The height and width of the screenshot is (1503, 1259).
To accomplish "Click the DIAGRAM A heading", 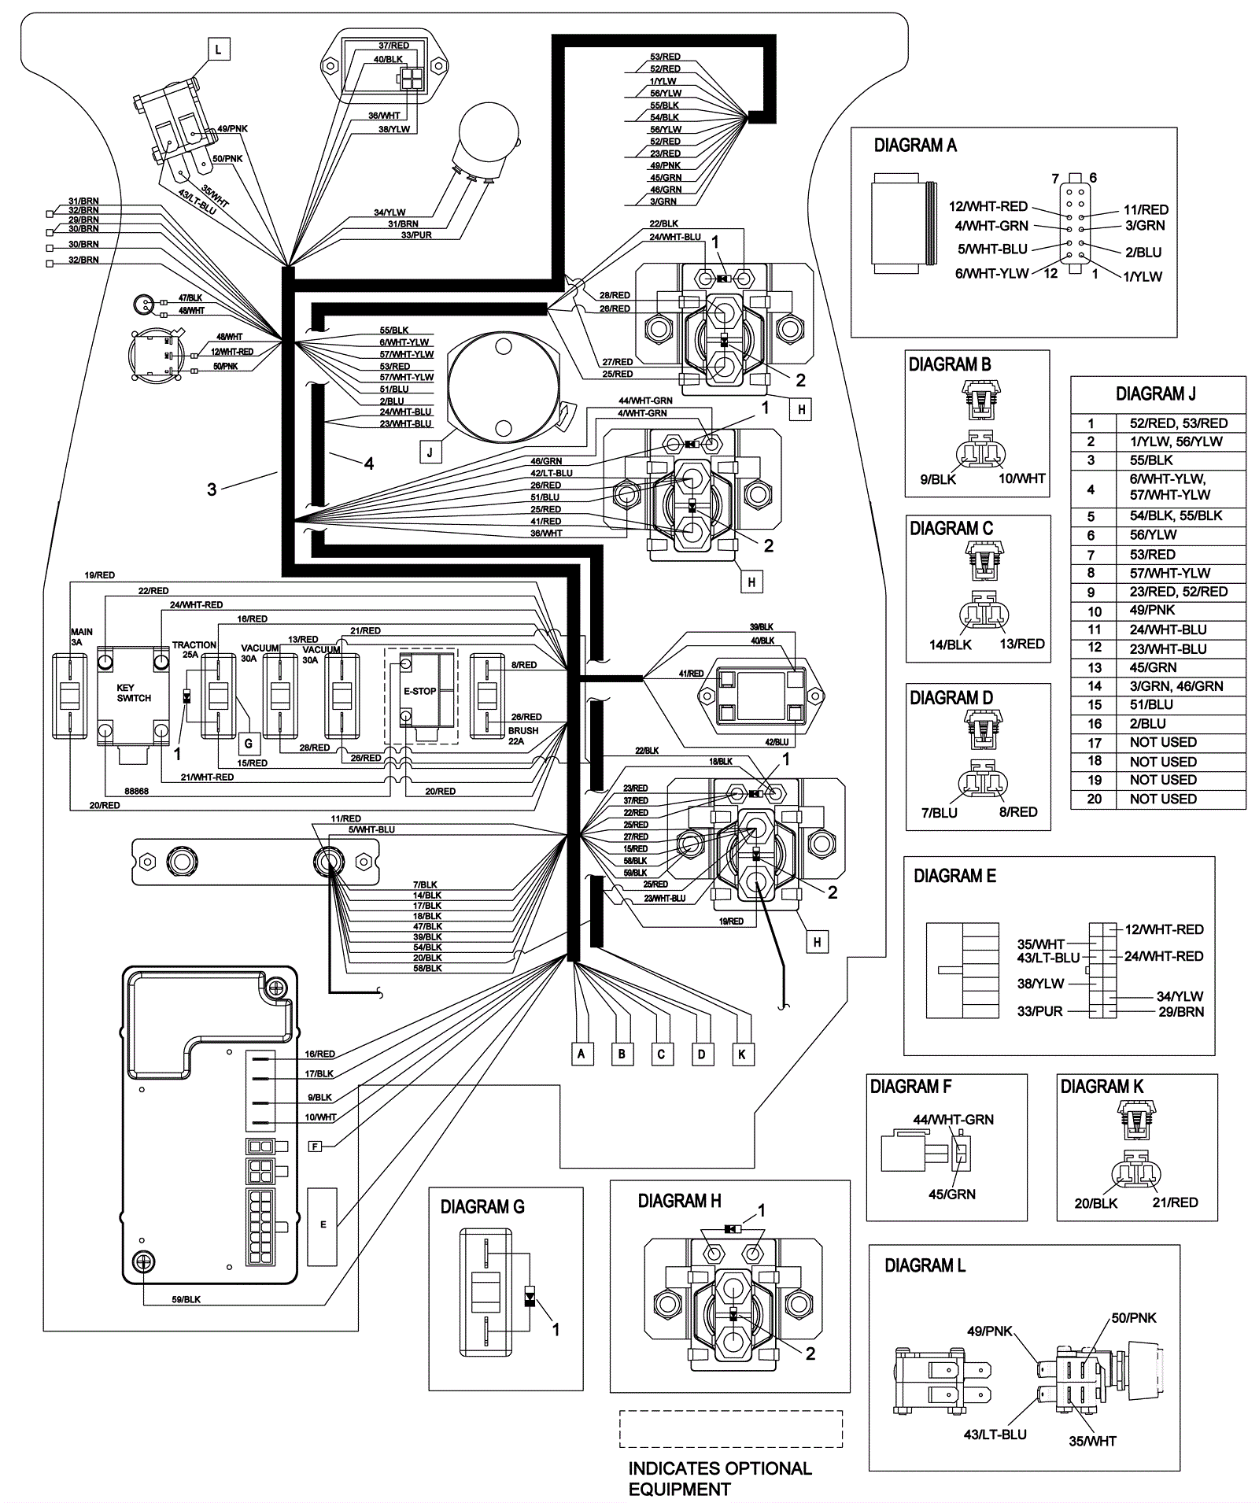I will click(915, 146).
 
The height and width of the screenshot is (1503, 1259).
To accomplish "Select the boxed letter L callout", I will click(219, 50).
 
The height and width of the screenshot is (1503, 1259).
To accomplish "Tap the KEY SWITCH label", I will click(134, 692).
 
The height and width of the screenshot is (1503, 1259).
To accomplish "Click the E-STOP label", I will click(419, 691).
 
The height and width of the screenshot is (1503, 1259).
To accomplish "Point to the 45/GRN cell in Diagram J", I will click(1154, 667).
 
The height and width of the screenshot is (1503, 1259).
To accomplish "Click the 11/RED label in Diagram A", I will click(1146, 210).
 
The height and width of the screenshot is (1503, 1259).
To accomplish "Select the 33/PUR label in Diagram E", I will click(1039, 1011).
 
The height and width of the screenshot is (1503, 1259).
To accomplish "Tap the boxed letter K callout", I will click(741, 1054).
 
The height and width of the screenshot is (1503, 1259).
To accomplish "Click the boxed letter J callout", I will click(430, 452).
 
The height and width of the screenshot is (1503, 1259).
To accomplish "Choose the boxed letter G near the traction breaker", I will click(249, 742).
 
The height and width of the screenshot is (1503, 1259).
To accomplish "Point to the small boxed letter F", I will click(315, 1147).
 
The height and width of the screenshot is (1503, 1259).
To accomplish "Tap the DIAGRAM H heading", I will click(679, 1202).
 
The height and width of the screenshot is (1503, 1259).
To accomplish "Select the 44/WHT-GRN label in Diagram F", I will click(953, 1120).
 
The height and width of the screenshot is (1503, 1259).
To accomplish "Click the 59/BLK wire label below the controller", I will click(186, 1299).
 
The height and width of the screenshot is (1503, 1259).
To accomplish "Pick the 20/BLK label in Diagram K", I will click(1095, 1203).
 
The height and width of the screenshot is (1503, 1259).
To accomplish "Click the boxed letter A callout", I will click(581, 1054).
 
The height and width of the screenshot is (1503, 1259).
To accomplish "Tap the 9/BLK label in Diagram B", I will click(938, 479).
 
